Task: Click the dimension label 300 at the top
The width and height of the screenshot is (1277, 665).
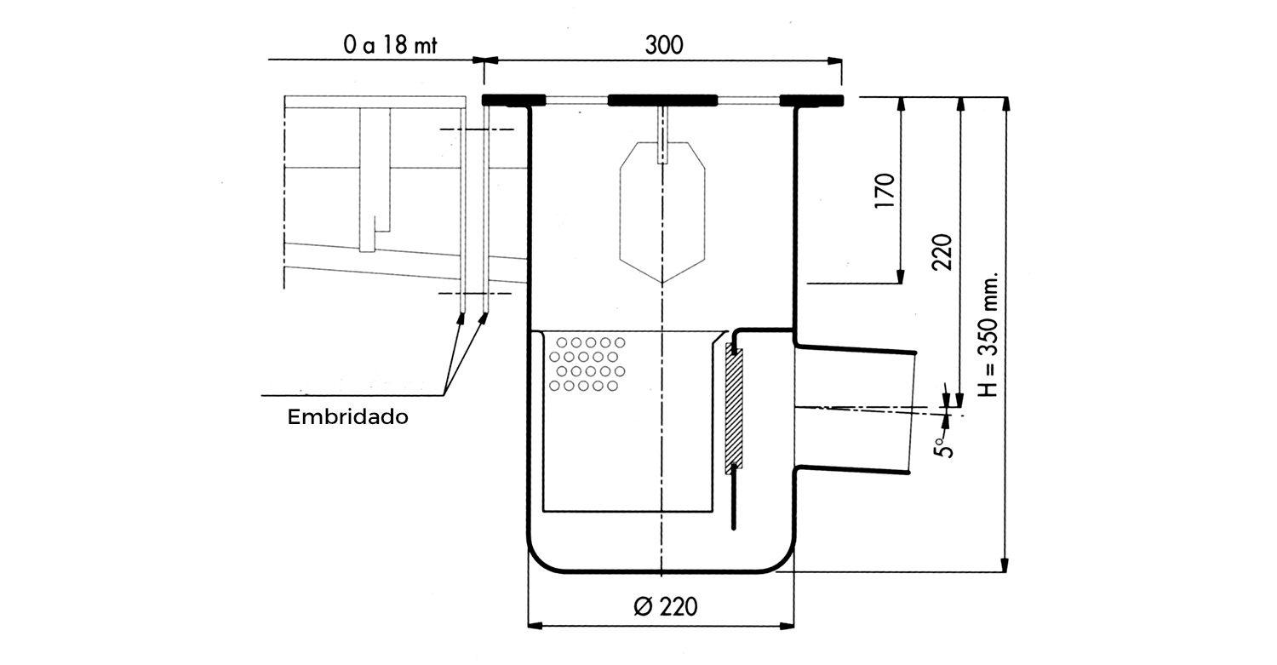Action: [x=663, y=45]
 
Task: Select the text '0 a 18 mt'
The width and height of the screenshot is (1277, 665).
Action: [x=390, y=45]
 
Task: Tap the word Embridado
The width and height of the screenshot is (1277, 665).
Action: [x=347, y=417]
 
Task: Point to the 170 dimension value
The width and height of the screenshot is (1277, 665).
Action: [x=885, y=192]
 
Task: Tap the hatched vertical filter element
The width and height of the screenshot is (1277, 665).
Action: [x=734, y=409]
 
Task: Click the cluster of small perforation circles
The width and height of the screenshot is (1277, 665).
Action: [x=587, y=364]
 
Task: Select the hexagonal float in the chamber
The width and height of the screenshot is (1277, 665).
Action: [x=662, y=213]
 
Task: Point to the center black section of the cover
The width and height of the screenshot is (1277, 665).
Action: [x=663, y=100]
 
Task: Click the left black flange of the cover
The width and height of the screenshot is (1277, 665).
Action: [x=513, y=100]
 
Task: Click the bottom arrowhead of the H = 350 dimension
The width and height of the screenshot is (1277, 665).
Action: [x=1005, y=565]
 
